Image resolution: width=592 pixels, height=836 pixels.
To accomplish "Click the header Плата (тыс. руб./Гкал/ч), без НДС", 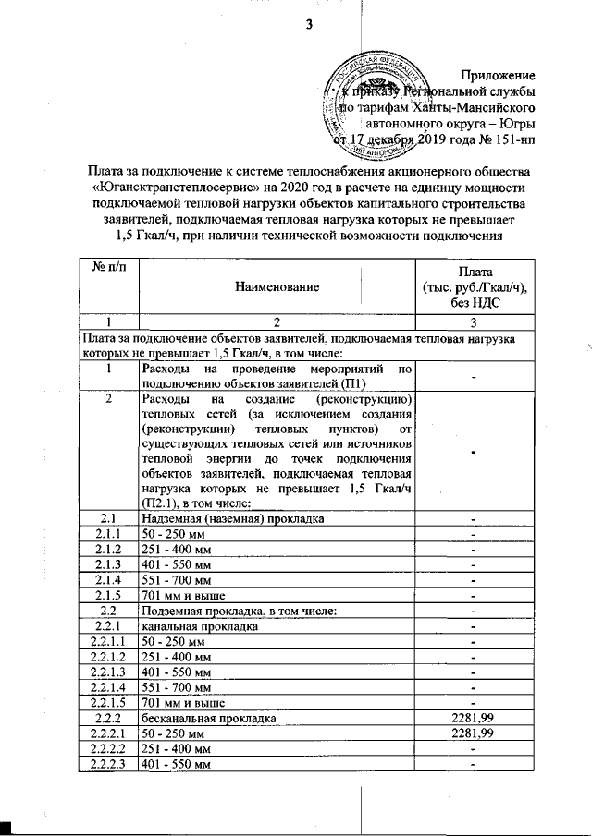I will pyautogui.click(x=474, y=288).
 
